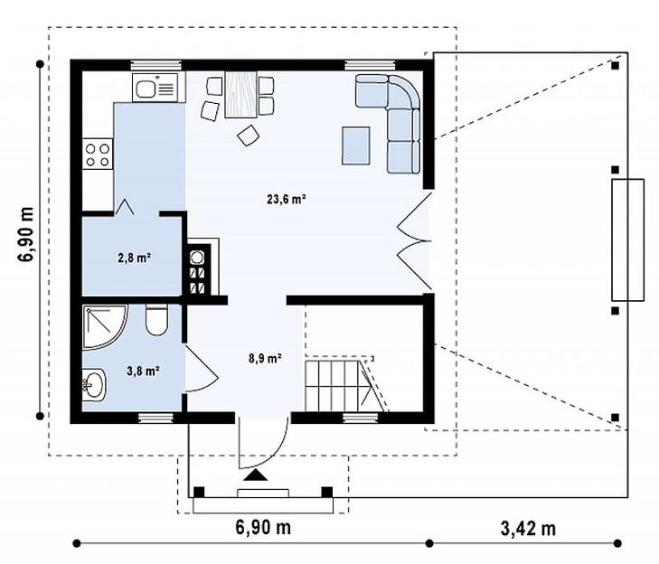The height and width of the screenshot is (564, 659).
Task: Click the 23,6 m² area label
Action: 287,199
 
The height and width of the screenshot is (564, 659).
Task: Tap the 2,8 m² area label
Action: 135,258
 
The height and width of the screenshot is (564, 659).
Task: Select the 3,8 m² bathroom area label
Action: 143,371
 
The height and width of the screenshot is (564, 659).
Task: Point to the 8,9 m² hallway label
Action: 265,359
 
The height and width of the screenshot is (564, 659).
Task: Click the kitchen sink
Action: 155,88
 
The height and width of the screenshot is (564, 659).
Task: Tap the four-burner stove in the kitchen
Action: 98,155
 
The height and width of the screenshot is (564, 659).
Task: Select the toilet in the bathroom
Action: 156,320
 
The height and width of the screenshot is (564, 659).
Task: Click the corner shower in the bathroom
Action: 104,327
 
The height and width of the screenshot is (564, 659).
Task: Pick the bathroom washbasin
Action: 94,384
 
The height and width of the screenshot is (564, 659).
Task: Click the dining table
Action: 240,94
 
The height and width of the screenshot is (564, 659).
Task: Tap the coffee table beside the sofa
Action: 356,146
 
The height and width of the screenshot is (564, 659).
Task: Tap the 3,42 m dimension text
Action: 528,528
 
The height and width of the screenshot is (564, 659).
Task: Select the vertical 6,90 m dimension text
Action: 25,234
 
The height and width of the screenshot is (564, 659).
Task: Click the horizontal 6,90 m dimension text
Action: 263,527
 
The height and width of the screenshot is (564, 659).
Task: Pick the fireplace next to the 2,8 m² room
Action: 201,268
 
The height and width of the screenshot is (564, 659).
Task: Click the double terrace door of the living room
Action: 415,241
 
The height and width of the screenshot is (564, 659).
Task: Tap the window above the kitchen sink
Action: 155,65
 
